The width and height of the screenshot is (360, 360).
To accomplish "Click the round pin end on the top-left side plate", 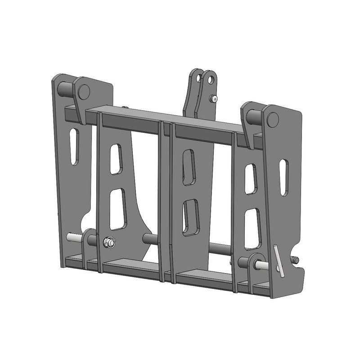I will [x=83, y=91].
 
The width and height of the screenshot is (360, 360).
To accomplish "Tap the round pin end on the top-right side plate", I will [x=272, y=119].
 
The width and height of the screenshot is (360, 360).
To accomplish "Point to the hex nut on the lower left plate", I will [x=109, y=243].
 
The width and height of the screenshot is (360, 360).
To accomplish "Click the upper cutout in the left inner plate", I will [x=116, y=159].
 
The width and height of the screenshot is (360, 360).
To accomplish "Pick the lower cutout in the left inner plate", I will [x=118, y=208].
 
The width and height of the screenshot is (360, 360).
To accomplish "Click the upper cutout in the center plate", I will [x=188, y=167].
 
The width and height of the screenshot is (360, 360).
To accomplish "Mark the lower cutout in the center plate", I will [x=190, y=218].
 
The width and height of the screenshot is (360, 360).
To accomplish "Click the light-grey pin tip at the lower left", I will [x=72, y=237].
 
